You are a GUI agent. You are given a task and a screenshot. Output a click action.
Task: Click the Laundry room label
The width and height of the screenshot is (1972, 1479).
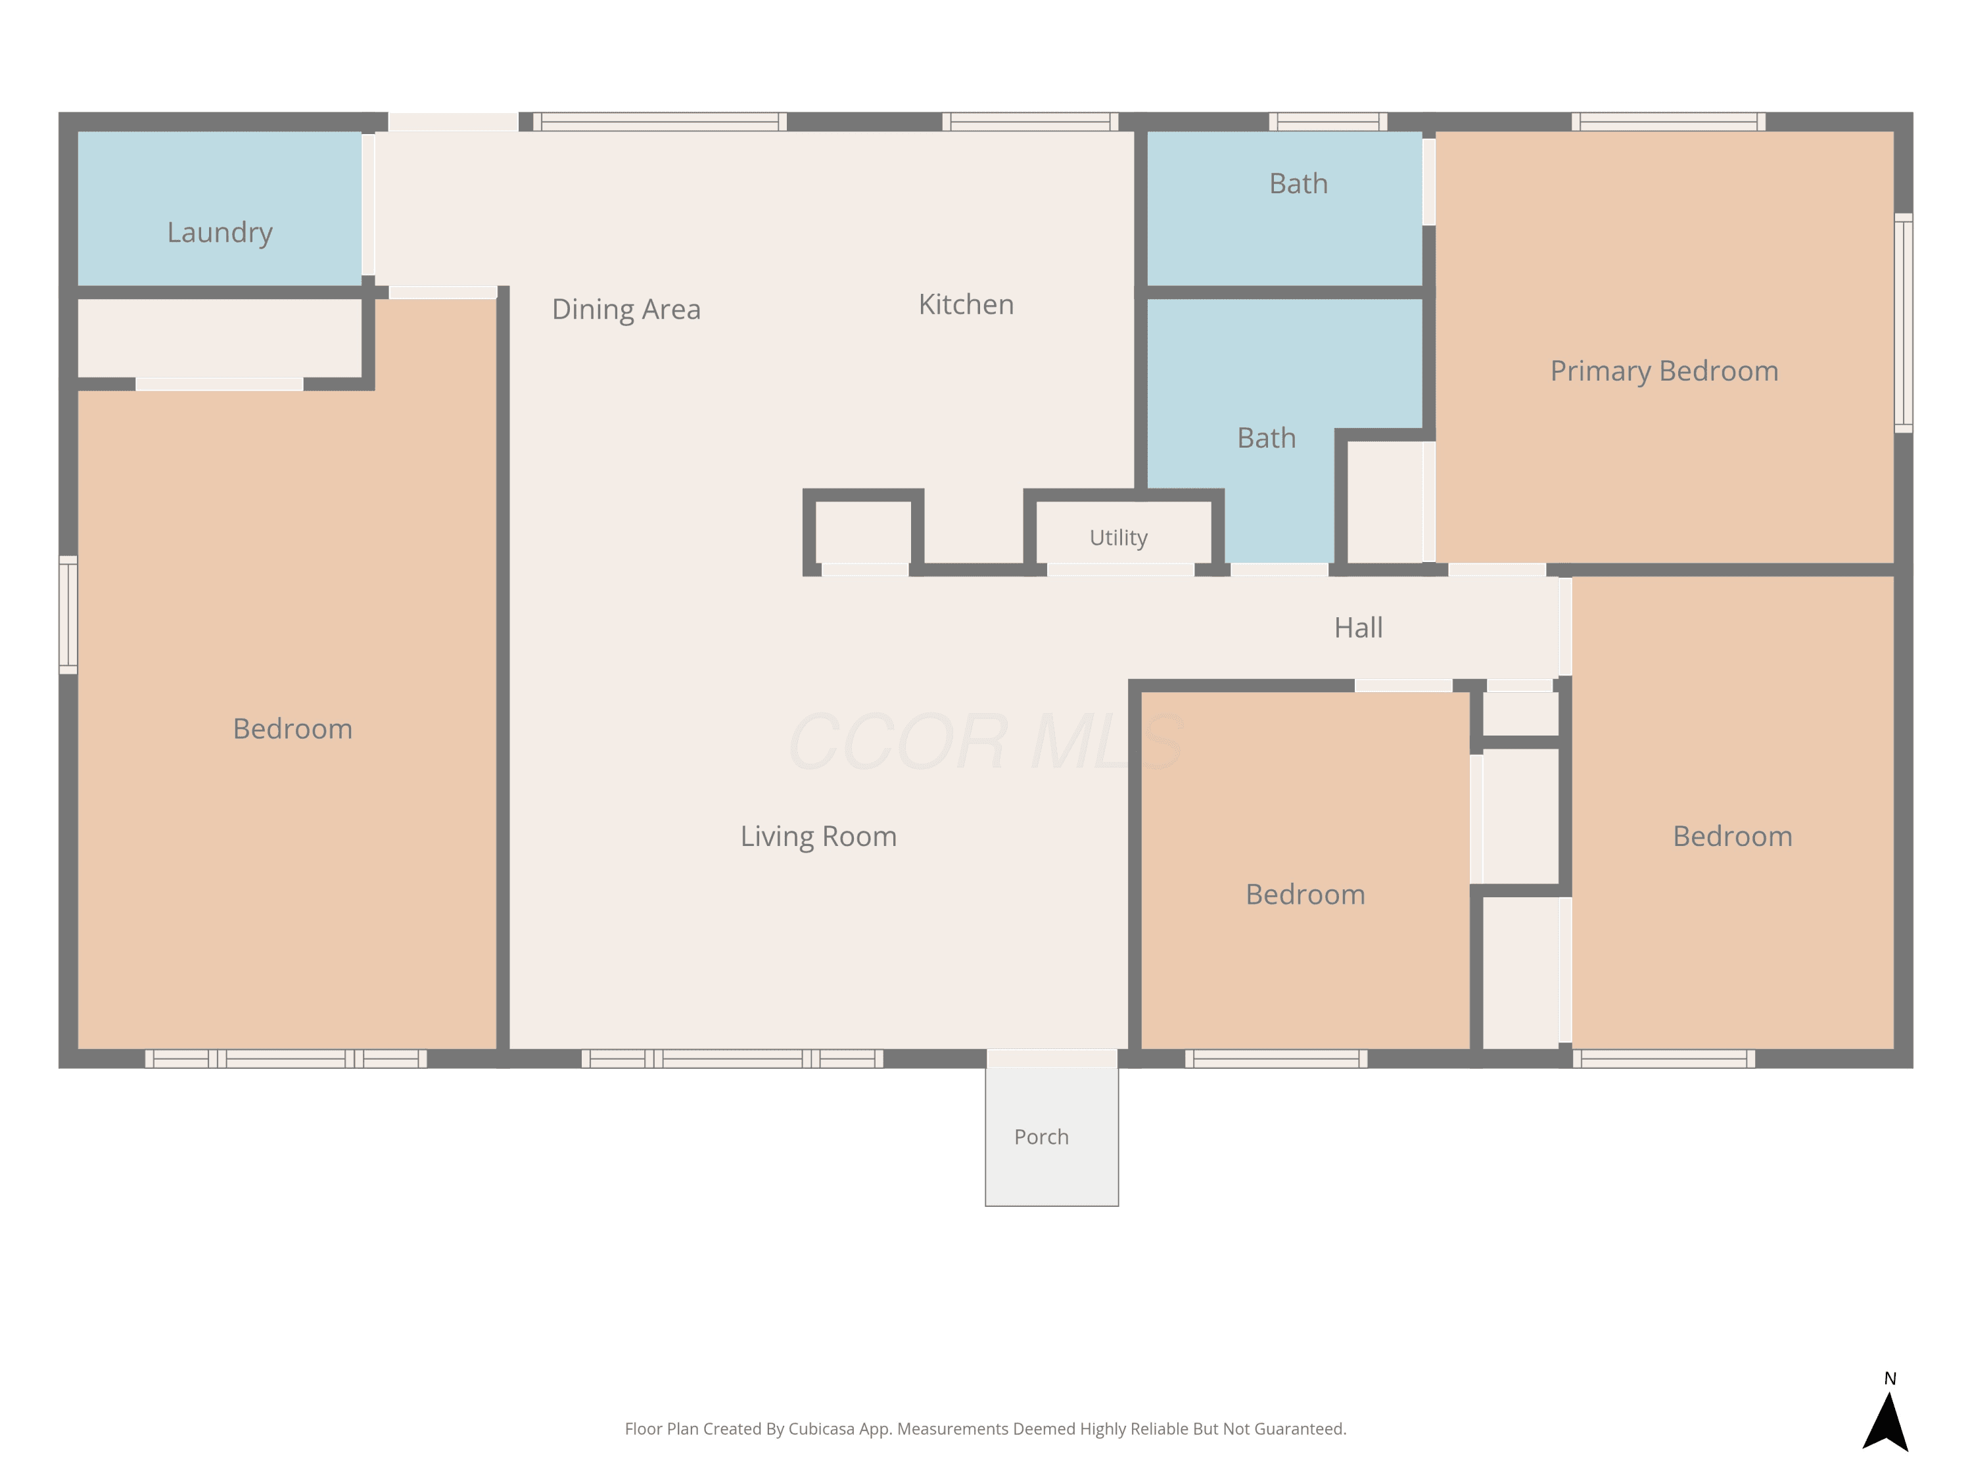click(220, 233)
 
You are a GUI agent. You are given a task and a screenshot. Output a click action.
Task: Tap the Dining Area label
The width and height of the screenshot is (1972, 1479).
click(626, 310)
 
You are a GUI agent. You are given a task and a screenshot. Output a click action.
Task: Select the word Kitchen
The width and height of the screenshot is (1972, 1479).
click(966, 305)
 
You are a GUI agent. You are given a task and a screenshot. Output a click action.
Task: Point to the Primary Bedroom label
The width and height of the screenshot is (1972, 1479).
click(1664, 371)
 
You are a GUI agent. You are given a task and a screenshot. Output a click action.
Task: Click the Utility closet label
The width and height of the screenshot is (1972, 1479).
click(1118, 538)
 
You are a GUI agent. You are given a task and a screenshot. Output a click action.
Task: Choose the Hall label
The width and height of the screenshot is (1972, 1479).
click(1359, 628)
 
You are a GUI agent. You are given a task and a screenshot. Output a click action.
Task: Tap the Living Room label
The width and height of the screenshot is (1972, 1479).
click(818, 836)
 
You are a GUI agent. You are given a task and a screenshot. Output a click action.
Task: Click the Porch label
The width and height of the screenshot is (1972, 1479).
click(1041, 1137)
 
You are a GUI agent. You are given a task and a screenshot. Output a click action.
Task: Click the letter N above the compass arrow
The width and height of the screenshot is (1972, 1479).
click(1890, 1378)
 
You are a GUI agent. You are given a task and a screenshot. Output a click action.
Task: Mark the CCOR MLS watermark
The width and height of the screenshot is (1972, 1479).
click(986, 741)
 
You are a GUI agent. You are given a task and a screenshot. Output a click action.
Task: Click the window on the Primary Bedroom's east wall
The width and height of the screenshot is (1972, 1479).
click(1904, 323)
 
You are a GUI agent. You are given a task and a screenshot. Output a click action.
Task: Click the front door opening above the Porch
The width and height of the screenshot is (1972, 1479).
click(1052, 1058)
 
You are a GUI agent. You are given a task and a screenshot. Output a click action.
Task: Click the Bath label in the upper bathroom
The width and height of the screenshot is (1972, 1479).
click(1298, 183)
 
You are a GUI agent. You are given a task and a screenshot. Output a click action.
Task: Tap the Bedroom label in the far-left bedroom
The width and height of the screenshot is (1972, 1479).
click(293, 729)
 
